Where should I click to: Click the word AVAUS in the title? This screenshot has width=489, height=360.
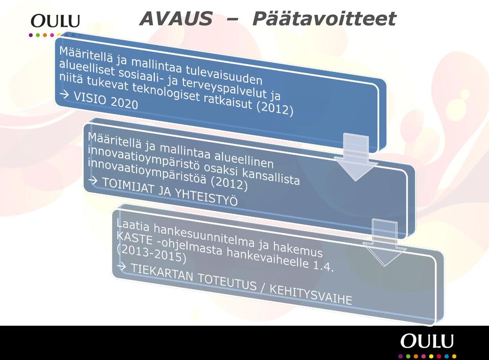coord(176,18)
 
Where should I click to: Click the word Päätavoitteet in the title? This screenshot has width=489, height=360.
coord(324,18)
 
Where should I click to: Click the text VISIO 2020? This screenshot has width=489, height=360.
coord(106,100)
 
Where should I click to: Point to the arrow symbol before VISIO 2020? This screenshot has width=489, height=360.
coord(64,94)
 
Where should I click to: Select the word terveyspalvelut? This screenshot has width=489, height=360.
coord(225,87)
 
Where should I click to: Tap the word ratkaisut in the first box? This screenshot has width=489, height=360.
coord(228,100)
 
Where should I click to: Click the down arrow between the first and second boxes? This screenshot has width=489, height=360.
coord(356,157)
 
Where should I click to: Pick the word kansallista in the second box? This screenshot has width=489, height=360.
coord(270,176)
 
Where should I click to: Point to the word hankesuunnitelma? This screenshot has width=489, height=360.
coord(204,235)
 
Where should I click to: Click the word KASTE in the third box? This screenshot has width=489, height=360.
coord(134,238)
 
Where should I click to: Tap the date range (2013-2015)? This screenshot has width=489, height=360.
coord(151,254)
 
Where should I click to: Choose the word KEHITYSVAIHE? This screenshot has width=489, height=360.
coord(311,294)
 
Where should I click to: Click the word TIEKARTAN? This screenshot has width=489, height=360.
coord(162,273)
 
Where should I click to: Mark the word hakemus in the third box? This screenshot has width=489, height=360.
coord(298,248)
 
